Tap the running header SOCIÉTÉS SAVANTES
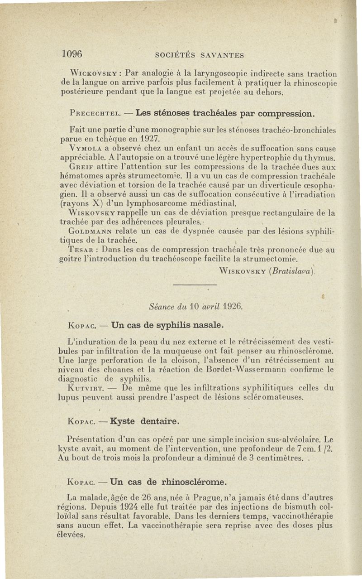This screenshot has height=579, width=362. click(x=200, y=55)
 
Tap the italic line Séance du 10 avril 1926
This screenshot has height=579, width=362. click(x=195, y=307)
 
